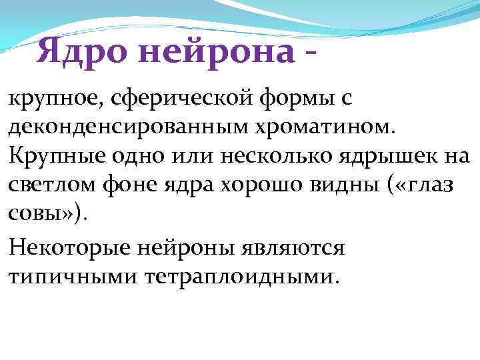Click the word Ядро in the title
80,51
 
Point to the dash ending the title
307,53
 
